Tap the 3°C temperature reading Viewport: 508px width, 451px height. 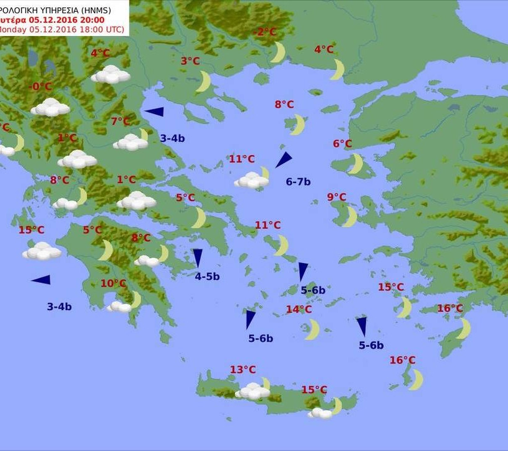(190, 61)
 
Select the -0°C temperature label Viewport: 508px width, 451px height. (42, 86)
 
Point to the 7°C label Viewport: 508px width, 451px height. (121, 121)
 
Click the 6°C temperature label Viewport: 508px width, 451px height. (342, 144)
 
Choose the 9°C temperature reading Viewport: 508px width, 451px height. (336, 197)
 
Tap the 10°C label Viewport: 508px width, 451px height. (113, 284)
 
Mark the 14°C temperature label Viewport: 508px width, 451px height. (299, 310)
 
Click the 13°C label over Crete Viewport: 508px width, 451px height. (243, 370)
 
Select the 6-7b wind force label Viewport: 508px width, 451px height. (298, 182)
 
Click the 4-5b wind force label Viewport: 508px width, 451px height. (207, 277)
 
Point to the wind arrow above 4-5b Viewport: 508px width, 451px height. (198, 257)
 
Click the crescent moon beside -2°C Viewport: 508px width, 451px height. (278, 52)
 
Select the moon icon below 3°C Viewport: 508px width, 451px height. (203, 81)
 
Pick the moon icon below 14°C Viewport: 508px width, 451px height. (312, 329)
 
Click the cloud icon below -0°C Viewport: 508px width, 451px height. (50, 107)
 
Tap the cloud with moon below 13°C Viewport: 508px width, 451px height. (254, 390)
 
